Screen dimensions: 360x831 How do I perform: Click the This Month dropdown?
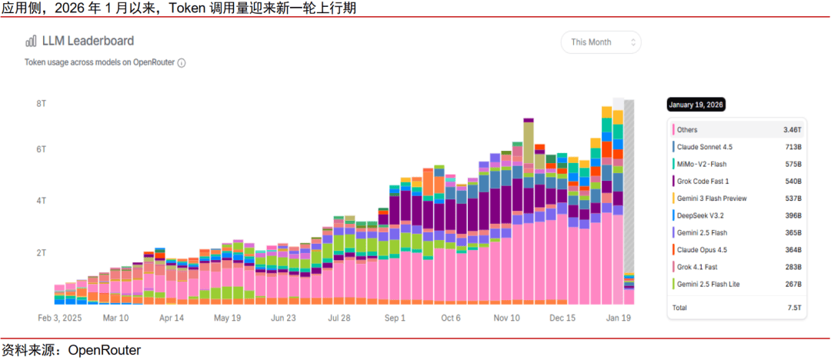[600, 42]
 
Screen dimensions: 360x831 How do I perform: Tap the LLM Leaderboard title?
[88, 41]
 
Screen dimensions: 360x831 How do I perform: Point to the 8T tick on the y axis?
[42, 103]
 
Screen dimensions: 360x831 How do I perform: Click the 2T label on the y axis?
[42, 252]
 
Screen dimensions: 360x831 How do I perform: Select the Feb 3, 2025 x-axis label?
[59, 318]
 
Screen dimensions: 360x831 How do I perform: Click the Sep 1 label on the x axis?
[395, 318]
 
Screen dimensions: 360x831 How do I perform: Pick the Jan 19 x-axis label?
[619, 318]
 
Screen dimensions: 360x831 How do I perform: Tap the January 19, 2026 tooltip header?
[696, 105]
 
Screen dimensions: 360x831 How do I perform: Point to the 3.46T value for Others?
[793, 130]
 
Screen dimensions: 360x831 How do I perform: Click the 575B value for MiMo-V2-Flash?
[793, 164]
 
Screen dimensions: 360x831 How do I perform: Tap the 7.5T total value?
[795, 307]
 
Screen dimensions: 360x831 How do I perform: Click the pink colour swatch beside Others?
[673, 130]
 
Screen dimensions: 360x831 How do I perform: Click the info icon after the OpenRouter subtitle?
[182, 63]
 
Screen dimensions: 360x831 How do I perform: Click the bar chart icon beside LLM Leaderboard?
[31, 42]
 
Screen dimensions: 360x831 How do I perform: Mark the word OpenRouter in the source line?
[104, 350]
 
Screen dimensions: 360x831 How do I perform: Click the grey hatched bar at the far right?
[629, 185]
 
